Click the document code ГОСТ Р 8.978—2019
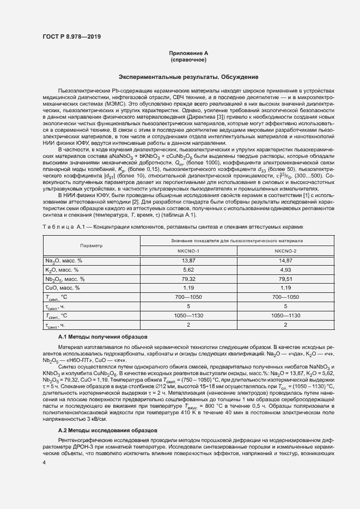pyautogui.click(x=71, y=36)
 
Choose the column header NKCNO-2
pyautogui.click(x=285, y=250)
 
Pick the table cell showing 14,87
pyautogui.click(x=285, y=261)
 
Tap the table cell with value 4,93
pyautogui.click(x=285, y=269)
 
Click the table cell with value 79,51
pyautogui.click(x=285, y=279)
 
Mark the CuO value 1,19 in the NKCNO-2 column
pyautogui.click(x=285, y=287)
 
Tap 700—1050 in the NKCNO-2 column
pyautogui.click(x=285, y=297)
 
